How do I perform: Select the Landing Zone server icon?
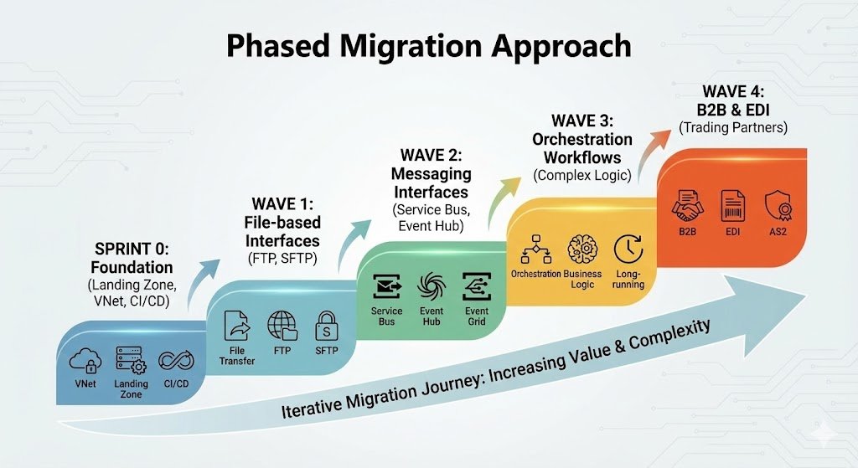click(131, 361)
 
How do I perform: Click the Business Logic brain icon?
click(581, 249)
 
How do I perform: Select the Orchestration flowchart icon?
click(535, 249)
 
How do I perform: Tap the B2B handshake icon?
click(689, 204)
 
